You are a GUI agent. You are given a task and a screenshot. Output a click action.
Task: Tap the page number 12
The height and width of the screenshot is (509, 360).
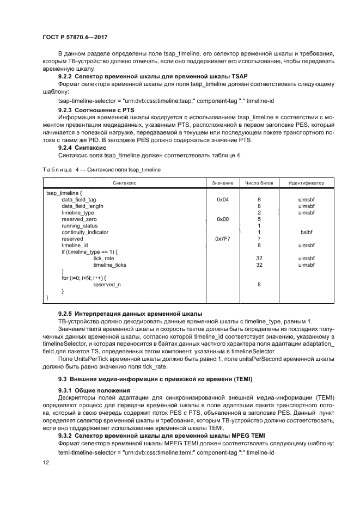46,462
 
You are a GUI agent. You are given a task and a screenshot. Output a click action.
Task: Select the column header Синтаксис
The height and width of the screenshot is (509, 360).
124,183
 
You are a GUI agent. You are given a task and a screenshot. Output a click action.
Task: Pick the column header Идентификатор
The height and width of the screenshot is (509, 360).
306,183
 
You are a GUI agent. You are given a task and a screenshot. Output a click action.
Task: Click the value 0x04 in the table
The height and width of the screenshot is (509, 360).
222,200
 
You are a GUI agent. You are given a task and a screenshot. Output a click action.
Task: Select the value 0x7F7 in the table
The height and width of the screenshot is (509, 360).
222,239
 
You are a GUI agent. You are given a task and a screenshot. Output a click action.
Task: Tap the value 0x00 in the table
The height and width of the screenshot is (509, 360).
222,219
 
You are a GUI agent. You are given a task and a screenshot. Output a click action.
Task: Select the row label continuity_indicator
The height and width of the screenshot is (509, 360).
85,232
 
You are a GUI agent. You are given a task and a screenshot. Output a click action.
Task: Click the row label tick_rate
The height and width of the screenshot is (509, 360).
104,258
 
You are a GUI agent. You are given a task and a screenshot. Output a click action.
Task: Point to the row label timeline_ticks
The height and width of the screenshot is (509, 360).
109,265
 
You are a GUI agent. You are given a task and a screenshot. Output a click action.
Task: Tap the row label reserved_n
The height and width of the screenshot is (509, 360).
107,284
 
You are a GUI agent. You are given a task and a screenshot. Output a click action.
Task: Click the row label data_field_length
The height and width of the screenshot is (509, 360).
82,206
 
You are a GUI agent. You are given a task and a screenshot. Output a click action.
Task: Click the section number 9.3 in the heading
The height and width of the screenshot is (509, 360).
62,379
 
